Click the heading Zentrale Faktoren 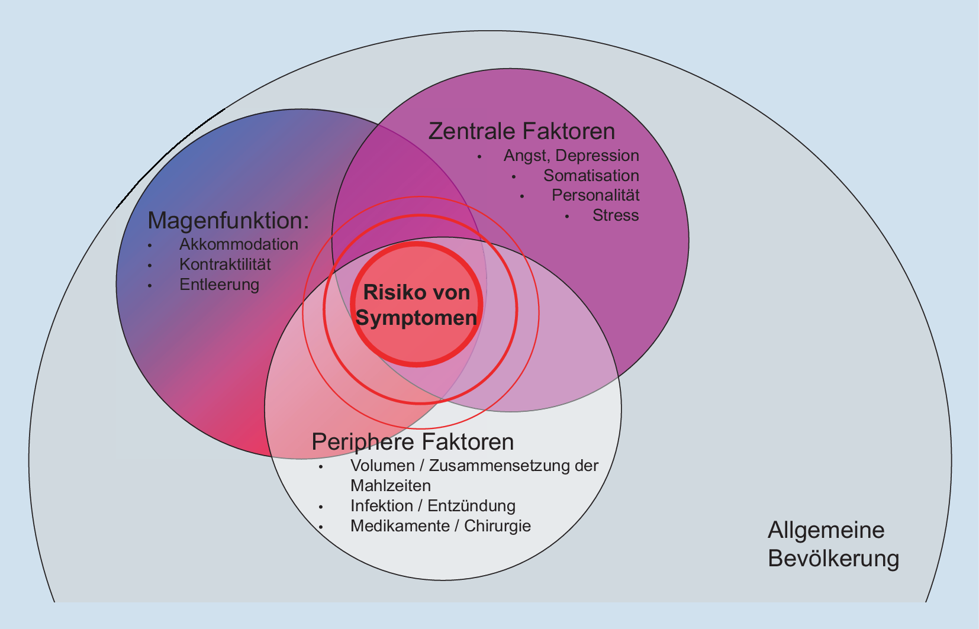521,131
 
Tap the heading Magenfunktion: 228,221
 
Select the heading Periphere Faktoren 413,442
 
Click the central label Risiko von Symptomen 417,305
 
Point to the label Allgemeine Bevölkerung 833,544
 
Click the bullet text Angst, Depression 571,156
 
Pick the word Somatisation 591,176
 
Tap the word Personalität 595,195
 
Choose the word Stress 616,215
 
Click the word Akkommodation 239,244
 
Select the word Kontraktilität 225,264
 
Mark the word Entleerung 219,285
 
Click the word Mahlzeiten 391,486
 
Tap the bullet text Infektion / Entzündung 433,506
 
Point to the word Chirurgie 497,526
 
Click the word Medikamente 400,526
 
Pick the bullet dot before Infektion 321,507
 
